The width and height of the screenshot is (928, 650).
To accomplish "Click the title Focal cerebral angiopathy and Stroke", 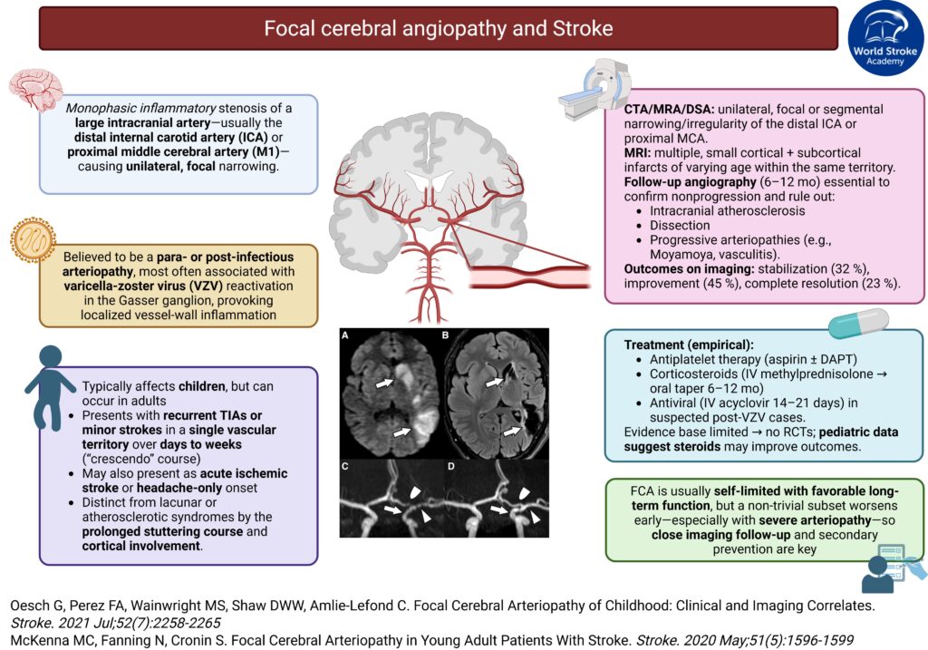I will (x=438, y=29).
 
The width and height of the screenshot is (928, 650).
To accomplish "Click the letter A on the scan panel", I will (x=345, y=335).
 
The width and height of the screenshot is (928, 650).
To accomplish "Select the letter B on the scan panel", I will (x=446, y=335).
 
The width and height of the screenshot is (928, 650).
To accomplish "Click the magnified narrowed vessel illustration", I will (x=526, y=273).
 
